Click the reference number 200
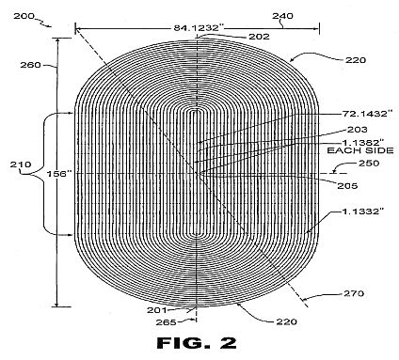[24, 16]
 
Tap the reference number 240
[282, 16]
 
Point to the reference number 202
[259, 37]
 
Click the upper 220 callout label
[356, 60]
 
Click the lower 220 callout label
[287, 321]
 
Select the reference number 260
[31, 65]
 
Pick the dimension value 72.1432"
[367, 114]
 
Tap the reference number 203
[358, 130]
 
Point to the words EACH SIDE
[360, 150]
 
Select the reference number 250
[369, 164]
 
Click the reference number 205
[347, 186]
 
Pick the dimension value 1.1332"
[363, 211]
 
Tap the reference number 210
[21, 164]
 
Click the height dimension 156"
[57, 174]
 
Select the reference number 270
[354, 293]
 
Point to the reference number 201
[157, 310]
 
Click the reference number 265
[167, 322]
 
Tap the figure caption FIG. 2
[197, 343]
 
